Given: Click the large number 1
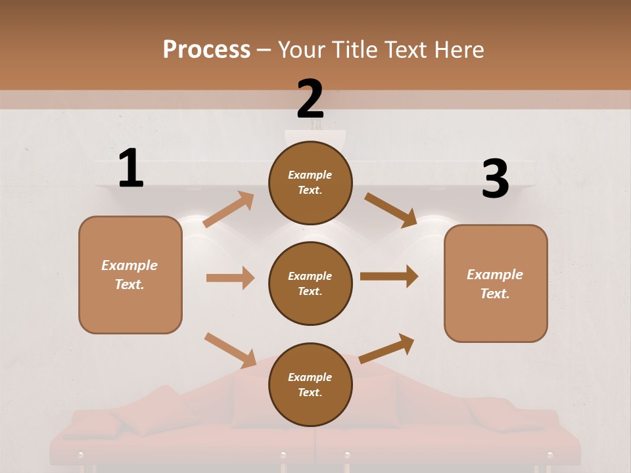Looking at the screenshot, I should [x=131, y=168].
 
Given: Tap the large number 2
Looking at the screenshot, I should [x=310, y=99].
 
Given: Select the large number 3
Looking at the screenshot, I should [x=496, y=179].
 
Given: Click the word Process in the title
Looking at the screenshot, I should [x=206, y=49].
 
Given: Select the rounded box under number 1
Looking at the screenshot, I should [x=130, y=275].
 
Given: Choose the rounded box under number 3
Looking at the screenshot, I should [x=496, y=283].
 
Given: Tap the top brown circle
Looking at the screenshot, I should [x=310, y=183].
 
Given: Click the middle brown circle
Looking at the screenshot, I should [x=310, y=283].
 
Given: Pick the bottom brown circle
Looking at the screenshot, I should [x=310, y=384].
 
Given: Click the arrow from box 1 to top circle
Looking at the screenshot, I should [x=229, y=210].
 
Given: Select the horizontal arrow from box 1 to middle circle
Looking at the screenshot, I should [x=230, y=278].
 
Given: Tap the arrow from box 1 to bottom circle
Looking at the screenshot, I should [x=230, y=349].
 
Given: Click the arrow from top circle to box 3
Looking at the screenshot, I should [x=390, y=210].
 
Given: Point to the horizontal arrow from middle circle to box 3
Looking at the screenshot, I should [x=389, y=277].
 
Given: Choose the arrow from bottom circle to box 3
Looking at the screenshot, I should [x=386, y=348].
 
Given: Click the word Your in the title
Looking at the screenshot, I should [x=302, y=49].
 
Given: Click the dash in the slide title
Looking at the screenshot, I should [x=264, y=50].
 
